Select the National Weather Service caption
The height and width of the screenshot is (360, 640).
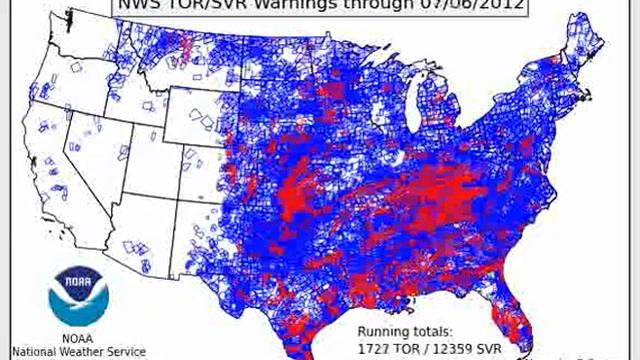(80, 351)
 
